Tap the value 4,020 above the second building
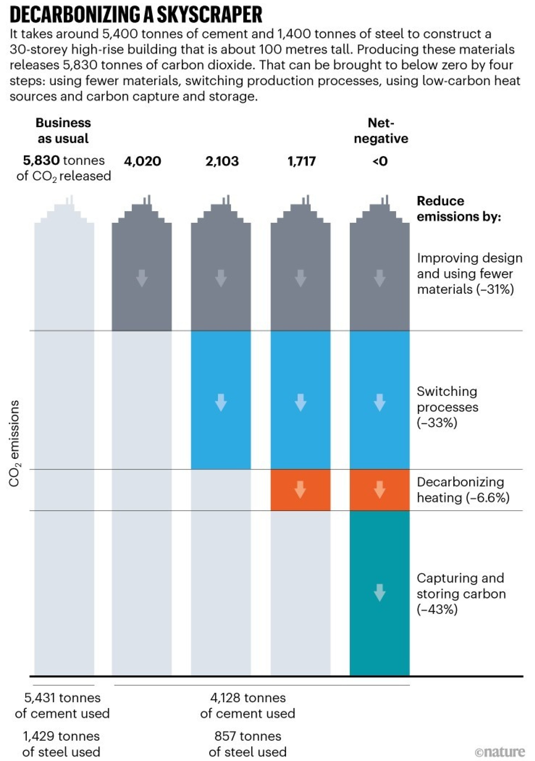click(142, 161)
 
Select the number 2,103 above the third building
click(222, 161)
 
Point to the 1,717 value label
click(302, 161)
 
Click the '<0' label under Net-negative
click(380, 161)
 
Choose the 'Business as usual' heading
click(63, 131)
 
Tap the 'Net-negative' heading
click(381, 131)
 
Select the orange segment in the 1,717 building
click(300, 490)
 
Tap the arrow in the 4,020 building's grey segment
click(142, 278)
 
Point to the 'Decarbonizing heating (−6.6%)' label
click(463, 490)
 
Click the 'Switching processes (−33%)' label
click(447, 407)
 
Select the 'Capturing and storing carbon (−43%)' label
click(461, 594)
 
